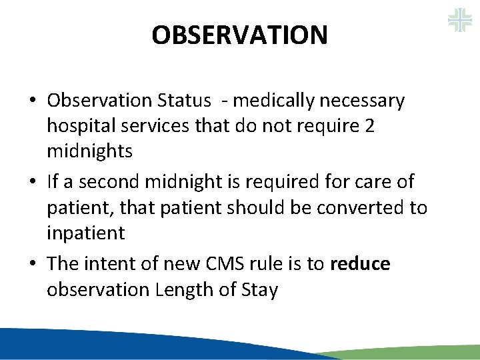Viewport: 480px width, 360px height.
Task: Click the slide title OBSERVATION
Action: [x=239, y=35]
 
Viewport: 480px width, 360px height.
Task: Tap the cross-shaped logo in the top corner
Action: [x=459, y=20]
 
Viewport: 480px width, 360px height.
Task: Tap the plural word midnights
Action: [x=89, y=151]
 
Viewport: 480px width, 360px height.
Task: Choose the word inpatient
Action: [x=85, y=233]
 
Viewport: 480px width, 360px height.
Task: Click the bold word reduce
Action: [x=360, y=263]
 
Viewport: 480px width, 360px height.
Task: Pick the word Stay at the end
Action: [x=261, y=289]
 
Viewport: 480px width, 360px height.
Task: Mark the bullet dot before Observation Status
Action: [x=32, y=101]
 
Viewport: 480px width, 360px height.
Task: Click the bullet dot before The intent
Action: [x=32, y=264]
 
